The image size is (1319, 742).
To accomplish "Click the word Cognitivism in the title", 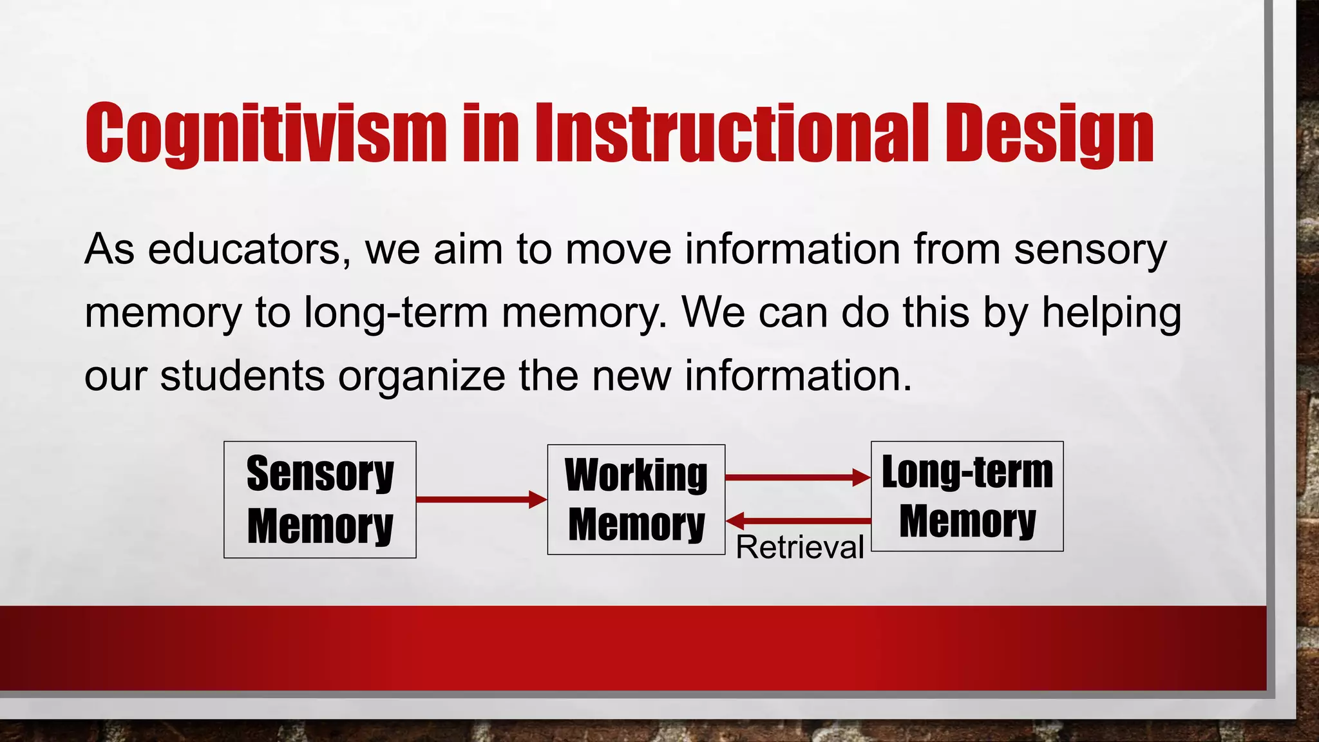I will point(265,133).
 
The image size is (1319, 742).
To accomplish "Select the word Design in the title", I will point(1049,133).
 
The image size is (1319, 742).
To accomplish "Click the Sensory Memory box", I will point(320,499).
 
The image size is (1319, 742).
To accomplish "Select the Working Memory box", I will point(636,499).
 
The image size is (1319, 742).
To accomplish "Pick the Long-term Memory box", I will point(967,496).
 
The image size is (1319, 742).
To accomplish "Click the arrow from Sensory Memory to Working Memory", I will point(480,499).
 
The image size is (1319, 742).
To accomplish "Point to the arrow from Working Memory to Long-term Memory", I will point(797,477).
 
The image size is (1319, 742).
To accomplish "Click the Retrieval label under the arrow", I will point(799,547).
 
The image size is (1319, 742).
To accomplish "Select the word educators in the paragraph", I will point(249,249).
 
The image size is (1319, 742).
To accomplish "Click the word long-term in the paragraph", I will point(396,313).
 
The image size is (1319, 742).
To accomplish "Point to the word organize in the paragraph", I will point(422,376).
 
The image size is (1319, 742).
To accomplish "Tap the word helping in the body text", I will point(1112,313).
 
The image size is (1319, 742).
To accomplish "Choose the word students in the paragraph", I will point(242,376).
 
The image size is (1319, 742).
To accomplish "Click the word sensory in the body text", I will point(1090,249).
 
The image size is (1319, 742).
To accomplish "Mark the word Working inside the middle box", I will point(636,475).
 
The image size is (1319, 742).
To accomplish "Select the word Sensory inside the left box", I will point(320,473).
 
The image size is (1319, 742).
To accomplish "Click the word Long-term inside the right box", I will point(967,472).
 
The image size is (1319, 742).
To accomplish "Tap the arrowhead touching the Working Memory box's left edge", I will point(538,499).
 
